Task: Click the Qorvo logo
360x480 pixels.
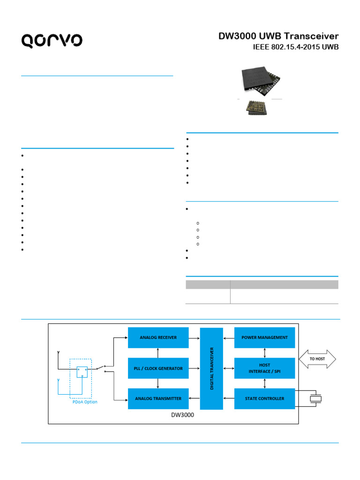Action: pos(52,40)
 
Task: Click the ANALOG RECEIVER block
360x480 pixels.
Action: pos(158,337)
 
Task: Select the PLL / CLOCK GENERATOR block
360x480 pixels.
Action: pos(158,368)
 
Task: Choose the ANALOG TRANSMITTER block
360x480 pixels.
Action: pos(158,398)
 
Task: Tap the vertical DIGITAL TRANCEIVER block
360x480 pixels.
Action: pos(211,368)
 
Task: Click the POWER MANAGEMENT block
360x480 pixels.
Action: pos(264,337)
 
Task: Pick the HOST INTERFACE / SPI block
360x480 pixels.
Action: pos(264,368)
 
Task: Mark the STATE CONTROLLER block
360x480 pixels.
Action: pos(264,398)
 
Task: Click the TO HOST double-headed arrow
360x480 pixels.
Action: pos(317,359)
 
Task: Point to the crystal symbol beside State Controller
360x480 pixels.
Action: pos(317,399)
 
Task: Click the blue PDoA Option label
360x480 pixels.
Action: pos(85,402)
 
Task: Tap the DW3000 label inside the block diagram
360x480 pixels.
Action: pos(180,415)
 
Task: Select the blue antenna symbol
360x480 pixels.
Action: pos(58,380)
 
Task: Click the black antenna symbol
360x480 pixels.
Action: pos(58,352)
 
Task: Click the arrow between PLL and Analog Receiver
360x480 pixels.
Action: pos(158,353)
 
